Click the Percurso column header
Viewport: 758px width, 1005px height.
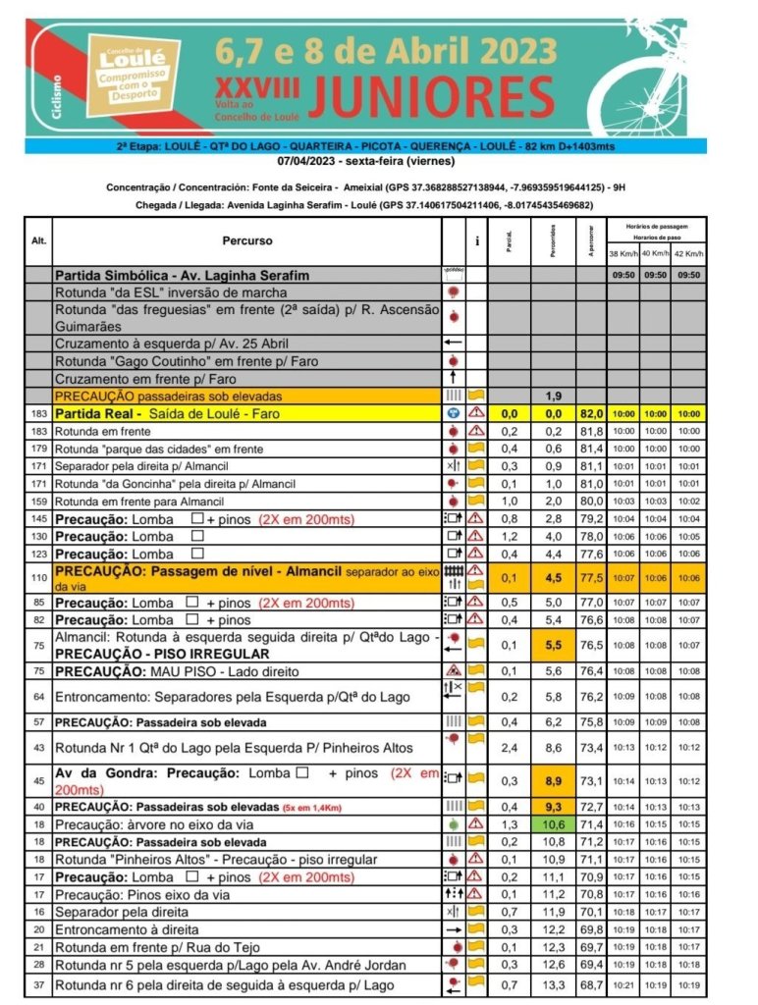pyautogui.click(x=246, y=239)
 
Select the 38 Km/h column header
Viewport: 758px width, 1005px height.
pyautogui.click(x=623, y=253)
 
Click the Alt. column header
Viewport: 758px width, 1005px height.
pyautogui.click(x=39, y=239)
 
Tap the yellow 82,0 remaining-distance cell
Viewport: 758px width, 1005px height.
pyautogui.click(x=591, y=414)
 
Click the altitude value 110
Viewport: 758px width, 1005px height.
pyautogui.click(x=39, y=578)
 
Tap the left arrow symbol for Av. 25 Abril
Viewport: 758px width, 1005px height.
pyautogui.click(x=453, y=343)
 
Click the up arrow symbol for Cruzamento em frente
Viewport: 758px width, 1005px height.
pyautogui.click(x=453, y=378)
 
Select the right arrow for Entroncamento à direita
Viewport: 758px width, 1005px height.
pyautogui.click(x=453, y=928)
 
